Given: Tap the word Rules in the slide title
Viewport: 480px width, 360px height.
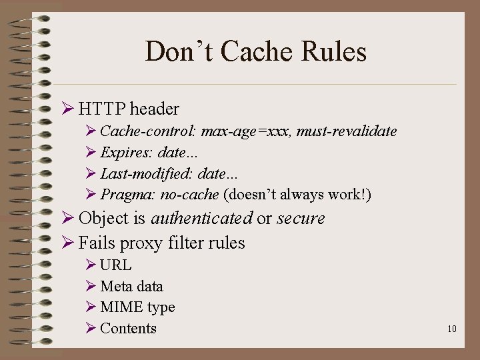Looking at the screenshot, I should (x=333, y=52).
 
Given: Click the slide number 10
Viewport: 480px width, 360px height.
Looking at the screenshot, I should (x=452, y=329).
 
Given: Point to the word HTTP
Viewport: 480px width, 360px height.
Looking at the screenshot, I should (x=102, y=108).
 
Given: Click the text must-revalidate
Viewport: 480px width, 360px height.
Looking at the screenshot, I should (x=347, y=131).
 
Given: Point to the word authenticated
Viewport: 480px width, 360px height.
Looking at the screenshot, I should (x=201, y=218).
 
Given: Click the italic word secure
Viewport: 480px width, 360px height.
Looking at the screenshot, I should (x=301, y=218).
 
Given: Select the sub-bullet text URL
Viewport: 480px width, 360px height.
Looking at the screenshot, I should (x=116, y=265).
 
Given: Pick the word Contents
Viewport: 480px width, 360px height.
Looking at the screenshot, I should (x=128, y=328).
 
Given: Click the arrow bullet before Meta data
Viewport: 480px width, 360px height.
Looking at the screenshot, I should (x=91, y=287).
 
